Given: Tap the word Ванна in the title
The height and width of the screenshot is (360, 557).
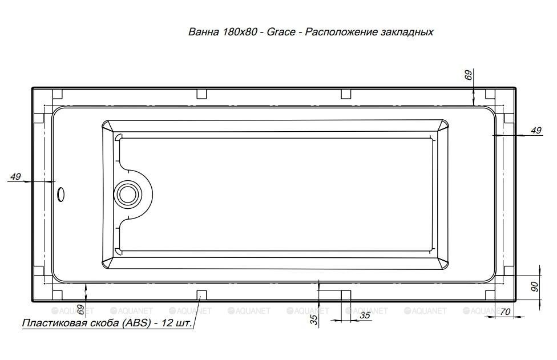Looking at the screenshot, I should (203, 32).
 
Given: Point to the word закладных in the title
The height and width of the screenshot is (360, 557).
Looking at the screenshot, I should (406, 32).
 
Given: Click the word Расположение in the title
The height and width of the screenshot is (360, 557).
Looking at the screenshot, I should (340, 32).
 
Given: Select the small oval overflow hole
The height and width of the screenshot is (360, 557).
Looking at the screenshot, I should (61, 195).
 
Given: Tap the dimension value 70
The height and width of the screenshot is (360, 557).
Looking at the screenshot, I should (504, 312).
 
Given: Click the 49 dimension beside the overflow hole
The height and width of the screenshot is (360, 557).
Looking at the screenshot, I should (15, 177).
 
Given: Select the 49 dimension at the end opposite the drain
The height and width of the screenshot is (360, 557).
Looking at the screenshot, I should (535, 131).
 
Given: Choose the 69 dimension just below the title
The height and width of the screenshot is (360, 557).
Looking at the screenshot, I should (469, 75).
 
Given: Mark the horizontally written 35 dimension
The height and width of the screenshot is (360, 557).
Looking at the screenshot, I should (365, 315).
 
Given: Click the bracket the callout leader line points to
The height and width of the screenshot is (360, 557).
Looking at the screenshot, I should (201, 295).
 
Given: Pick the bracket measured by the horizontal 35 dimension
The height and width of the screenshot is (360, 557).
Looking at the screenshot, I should (346, 295).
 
